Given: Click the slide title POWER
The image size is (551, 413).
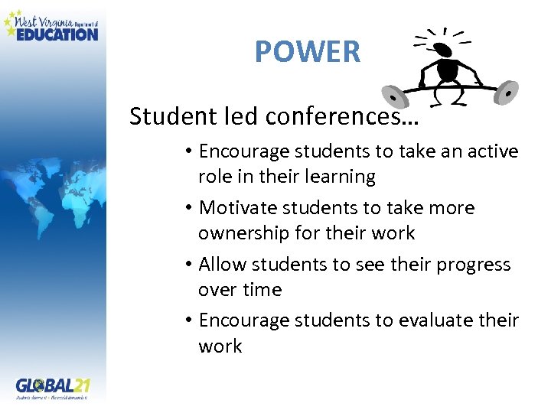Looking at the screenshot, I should tap(307, 51).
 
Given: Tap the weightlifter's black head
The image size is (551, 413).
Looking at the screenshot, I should tap(443, 50).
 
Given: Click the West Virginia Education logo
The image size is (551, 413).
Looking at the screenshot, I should tap(51, 25).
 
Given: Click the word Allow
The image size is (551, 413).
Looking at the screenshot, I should tap(220, 264).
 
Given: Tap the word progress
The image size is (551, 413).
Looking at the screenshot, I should tap(474, 264).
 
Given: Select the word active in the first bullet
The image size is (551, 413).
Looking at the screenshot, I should tap(494, 151).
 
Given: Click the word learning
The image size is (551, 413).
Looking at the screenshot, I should tap(338, 177).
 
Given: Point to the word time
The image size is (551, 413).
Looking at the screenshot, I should tap(262, 289).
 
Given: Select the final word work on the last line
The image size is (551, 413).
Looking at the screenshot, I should tap(220, 346).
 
